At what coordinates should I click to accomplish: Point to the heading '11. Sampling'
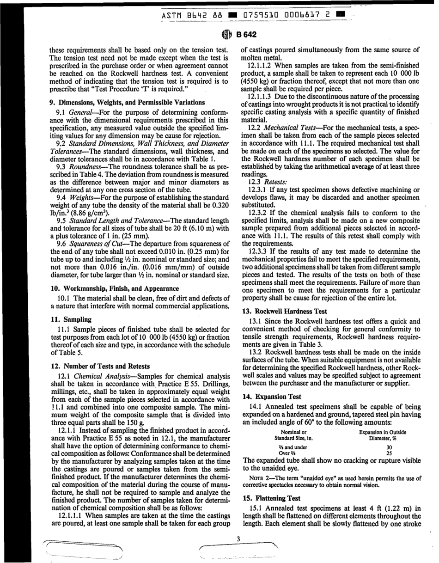tap(71, 319)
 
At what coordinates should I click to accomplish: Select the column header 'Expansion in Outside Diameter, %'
tap(383, 435)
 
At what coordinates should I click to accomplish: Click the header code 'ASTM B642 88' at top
tap(192, 16)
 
